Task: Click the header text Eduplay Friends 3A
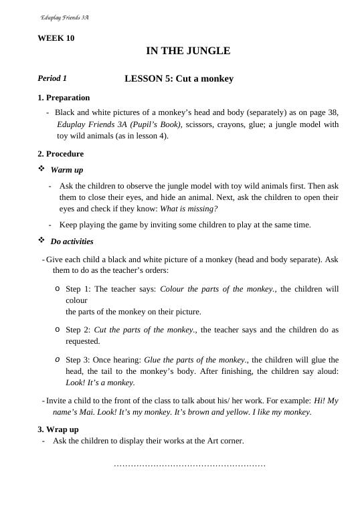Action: [x=65, y=17]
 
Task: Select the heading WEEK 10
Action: [x=56, y=38]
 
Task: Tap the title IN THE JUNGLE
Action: [x=188, y=51]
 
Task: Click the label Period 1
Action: [x=52, y=79]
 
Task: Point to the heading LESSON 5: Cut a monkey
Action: [x=179, y=79]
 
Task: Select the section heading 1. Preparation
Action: [x=64, y=98]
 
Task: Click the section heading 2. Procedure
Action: [x=60, y=154]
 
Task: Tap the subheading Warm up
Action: [x=67, y=170]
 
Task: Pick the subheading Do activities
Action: [x=72, y=241]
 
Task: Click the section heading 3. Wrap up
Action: [x=58, y=429]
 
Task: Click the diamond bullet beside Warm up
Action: [x=41, y=169]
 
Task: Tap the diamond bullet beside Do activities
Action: [x=41, y=241]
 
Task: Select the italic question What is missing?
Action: [x=189, y=209]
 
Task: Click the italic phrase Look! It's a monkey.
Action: [x=100, y=383]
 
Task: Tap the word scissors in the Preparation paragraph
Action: [x=199, y=124]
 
